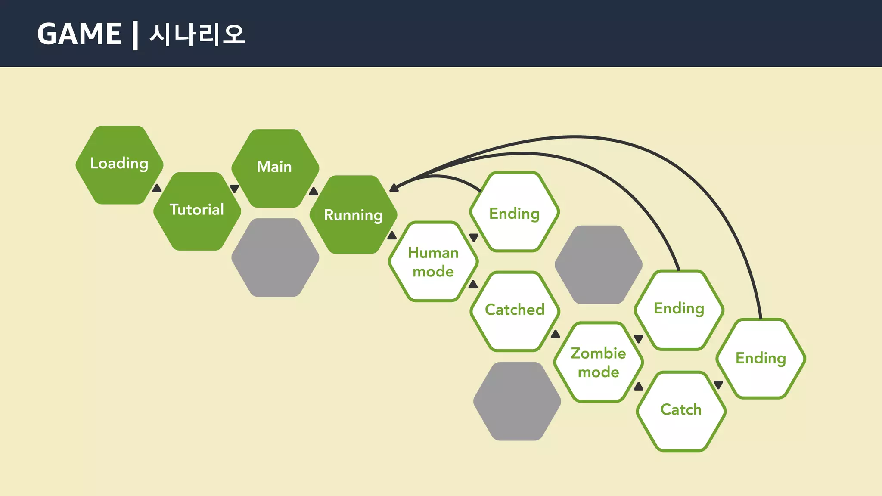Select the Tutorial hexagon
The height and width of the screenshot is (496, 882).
tap(197, 211)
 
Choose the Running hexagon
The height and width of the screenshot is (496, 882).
tap(353, 214)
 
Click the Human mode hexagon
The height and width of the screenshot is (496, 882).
tap(433, 261)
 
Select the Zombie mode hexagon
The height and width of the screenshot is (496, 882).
tap(599, 362)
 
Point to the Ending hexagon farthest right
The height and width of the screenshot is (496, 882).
tap(761, 359)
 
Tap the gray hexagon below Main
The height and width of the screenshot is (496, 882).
tap(275, 257)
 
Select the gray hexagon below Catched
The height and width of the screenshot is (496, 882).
tap(517, 401)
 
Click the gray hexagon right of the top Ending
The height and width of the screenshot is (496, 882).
tap(599, 265)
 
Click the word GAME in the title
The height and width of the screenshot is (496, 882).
tap(79, 34)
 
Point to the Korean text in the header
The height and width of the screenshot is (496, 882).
tap(197, 34)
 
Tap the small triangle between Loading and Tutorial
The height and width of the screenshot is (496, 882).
tap(157, 188)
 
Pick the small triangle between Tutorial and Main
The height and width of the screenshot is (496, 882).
tap(234, 189)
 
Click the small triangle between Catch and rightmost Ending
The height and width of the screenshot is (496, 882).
tap(718, 384)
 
